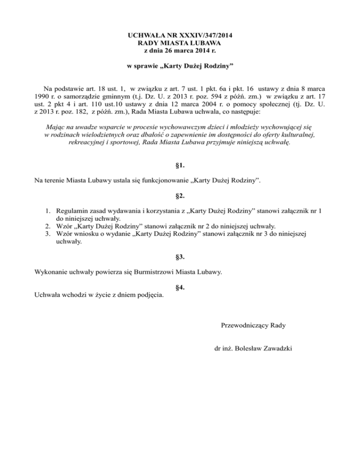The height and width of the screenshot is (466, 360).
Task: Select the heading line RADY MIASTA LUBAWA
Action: click(180, 43)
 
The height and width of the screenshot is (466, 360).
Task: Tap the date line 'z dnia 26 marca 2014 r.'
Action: click(180, 51)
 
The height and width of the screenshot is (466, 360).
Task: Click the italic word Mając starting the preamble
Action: click(57, 127)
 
